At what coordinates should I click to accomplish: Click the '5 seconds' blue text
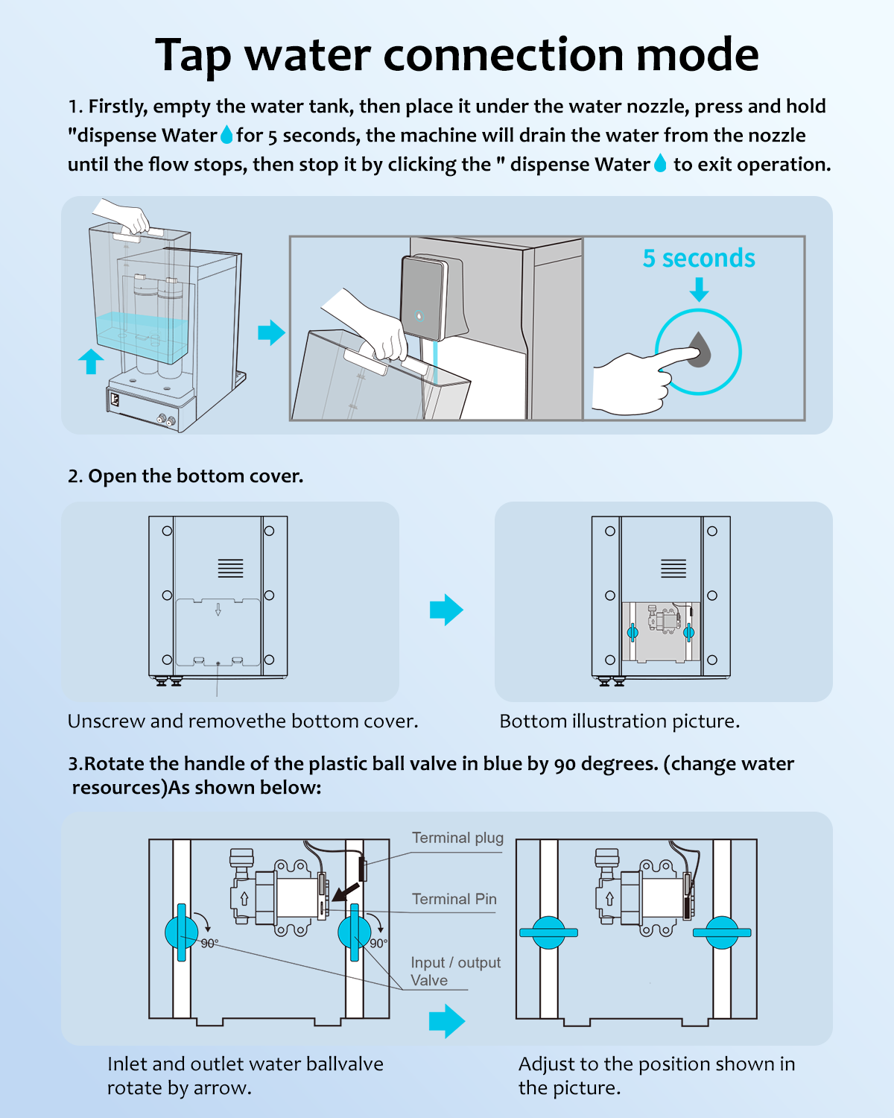point(699,258)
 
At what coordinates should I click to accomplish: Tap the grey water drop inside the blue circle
point(699,349)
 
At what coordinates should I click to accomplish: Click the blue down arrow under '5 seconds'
point(699,289)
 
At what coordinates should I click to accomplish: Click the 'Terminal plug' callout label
point(457,838)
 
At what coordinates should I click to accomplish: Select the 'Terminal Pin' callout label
point(454,899)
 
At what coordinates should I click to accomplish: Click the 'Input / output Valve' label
point(454,971)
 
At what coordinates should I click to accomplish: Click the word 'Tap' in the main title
point(192,55)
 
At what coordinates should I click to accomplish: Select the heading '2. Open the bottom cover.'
point(186,476)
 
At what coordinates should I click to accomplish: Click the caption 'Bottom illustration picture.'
point(619,721)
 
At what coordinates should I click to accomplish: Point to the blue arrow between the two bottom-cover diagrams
point(446,610)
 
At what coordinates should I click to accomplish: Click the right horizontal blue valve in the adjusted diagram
point(722,932)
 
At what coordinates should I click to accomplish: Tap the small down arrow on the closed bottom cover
point(218,610)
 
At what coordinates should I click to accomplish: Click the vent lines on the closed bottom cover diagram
point(230,568)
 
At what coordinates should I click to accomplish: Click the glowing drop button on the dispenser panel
point(419,315)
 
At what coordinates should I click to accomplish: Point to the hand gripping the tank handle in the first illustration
point(127,216)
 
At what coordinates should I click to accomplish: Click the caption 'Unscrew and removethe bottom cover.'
point(243,721)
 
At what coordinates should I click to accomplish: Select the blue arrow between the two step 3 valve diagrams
point(446,1020)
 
